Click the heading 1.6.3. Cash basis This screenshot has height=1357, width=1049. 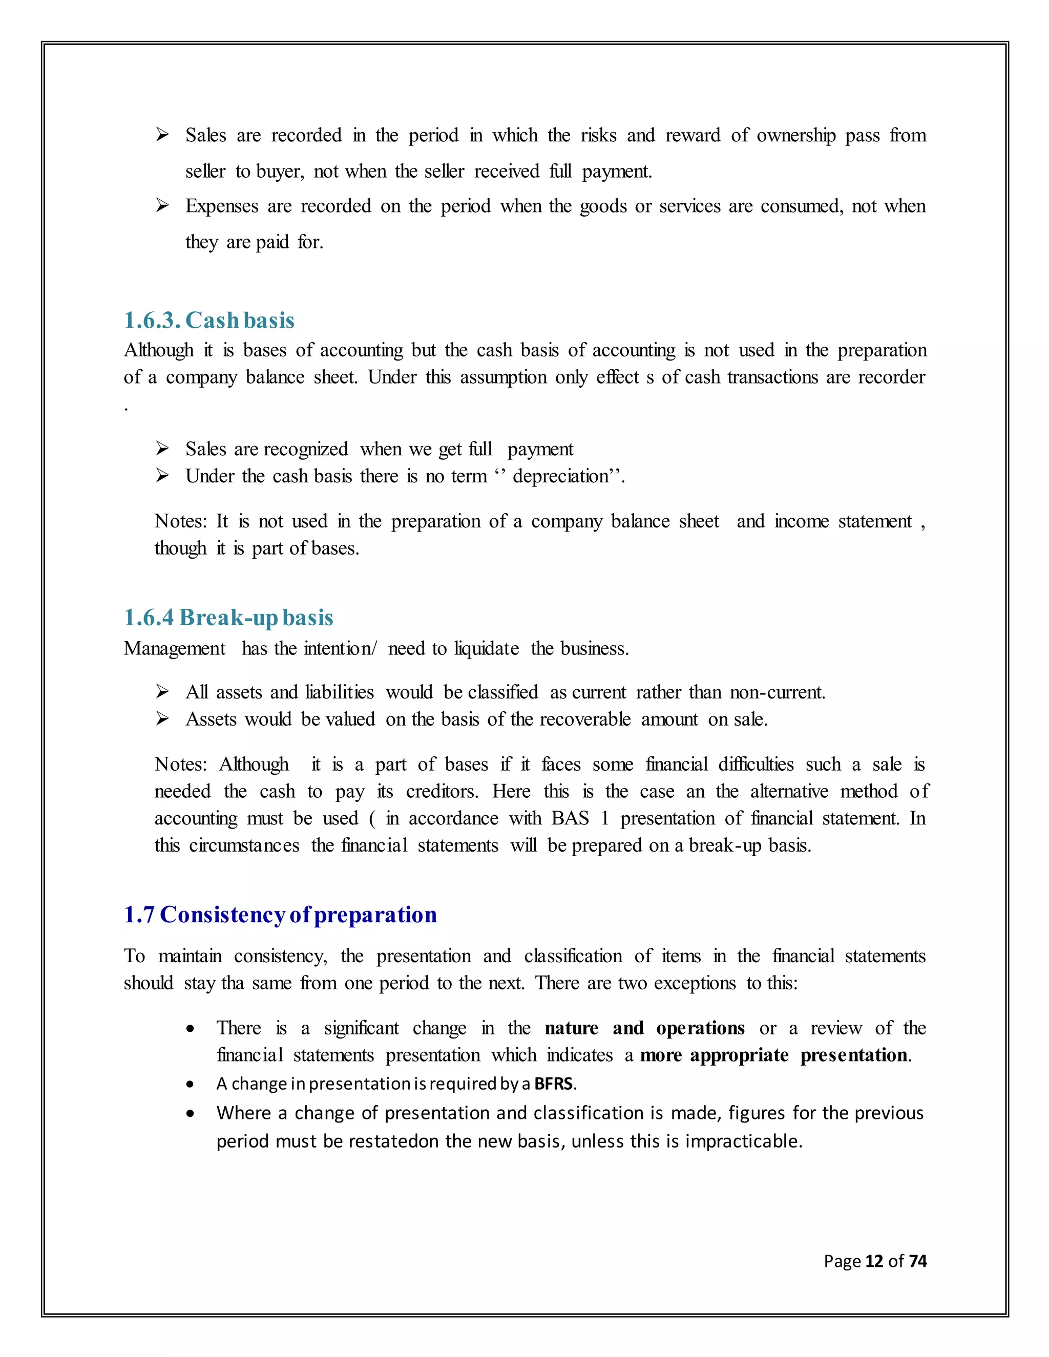[209, 321]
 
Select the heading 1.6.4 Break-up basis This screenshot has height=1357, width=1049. [228, 618]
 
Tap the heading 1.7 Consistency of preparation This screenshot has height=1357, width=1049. [280, 915]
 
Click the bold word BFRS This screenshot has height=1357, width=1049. [553, 1084]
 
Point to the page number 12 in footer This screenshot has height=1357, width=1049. [874, 1261]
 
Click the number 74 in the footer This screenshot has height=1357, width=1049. [917, 1261]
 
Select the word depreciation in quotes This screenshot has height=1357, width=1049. [560, 477]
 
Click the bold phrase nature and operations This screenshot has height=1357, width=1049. [644, 1028]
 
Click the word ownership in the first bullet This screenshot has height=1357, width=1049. [795, 136]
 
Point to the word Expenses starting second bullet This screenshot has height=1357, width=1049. [221, 206]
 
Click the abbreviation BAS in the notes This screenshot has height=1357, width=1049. [570, 818]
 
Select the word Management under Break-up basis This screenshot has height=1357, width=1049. [175, 649]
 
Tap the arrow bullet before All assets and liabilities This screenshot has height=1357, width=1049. [162, 691]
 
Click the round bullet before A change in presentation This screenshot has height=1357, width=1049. [190, 1084]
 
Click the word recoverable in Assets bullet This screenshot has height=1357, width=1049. [585, 719]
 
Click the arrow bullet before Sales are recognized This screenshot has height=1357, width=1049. [162, 448]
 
